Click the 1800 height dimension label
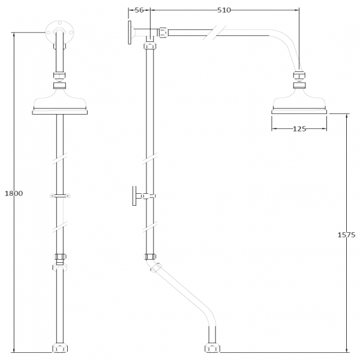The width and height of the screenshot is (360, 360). [14, 193]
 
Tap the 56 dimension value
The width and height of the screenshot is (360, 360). [139, 10]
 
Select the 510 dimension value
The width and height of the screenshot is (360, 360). [224, 10]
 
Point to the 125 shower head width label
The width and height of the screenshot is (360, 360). [299, 129]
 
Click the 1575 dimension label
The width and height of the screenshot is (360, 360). [346, 235]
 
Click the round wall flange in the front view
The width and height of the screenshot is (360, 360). [59, 32]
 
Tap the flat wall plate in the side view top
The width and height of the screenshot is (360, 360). [130, 32]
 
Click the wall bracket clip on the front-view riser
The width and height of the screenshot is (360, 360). [60, 196]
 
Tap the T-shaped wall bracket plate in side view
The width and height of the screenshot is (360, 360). [134, 196]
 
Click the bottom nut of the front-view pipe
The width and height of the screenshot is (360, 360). [60, 347]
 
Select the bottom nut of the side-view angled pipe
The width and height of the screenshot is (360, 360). [212, 347]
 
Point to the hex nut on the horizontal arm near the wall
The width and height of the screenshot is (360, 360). [163, 32]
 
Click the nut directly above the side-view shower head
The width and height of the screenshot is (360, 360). [299, 76]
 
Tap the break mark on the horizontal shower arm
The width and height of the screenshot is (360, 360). [214, 32]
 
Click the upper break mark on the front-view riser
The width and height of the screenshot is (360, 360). [59, 158]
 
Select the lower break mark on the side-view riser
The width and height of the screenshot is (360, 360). [150, 227]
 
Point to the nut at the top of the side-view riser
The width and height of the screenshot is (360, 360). [150, 46]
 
